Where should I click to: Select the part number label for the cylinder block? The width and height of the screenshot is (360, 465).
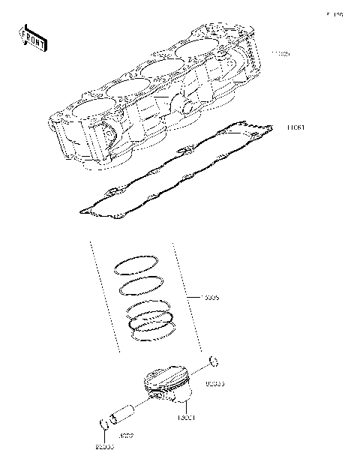[280, 55]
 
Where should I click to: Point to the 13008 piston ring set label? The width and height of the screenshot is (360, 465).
[211, 297]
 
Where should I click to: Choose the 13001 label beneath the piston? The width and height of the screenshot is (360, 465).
[186, 417]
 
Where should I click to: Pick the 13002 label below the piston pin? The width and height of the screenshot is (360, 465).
[126, 435]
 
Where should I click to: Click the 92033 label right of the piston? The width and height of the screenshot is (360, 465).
[215, 383]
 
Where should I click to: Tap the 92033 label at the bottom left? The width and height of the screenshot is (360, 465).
[104, 447]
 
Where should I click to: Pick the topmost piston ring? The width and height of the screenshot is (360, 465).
[136, 265]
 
